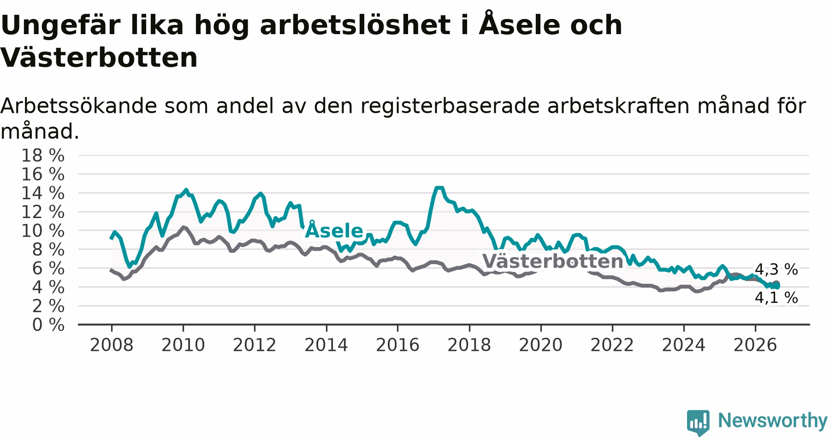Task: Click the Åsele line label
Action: (x=334, y=230)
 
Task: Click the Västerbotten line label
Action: (x=552, y=261)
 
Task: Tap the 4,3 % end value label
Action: (x=776, y=270)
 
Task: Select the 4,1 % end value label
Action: (x=776, y=298)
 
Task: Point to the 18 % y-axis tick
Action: (x=43, y=155)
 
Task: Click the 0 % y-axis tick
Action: (x=48, y=325)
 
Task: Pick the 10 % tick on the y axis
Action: (x=43, y=230)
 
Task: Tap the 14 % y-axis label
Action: (x=43, y=193)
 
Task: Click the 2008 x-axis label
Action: (x=112, y=345)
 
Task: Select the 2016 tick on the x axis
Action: (x=397, y=345)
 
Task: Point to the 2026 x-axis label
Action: (x=755, y=345)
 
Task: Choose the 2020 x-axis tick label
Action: (x=541, y=345)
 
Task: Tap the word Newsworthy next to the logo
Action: (x=773, y=420)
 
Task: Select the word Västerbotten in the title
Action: (x=99, y=58)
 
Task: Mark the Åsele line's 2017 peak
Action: (x=439, y=188)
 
